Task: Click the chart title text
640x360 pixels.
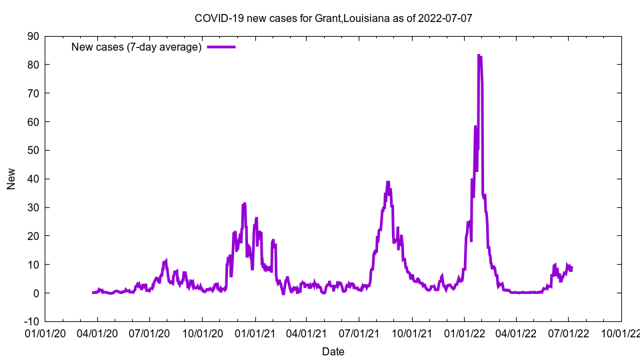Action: (x=333, y=18)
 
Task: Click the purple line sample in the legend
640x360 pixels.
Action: (x=221, y=47)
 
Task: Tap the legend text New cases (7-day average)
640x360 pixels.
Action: (x=136, y=47)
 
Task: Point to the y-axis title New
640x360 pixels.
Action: (x=11, y=179)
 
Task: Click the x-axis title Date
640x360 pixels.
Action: (x=333, y=351)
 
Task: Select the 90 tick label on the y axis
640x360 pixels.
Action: (x=33, y=36)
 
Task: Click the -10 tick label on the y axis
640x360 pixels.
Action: (x=31, y=321)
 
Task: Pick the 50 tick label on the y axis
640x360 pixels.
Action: (x=33, y=150)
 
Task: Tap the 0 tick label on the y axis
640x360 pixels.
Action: (x=35, y=293)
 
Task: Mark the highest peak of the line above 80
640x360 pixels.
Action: (x=479, y=55)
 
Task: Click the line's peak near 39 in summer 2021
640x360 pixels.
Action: (x=388, y=181)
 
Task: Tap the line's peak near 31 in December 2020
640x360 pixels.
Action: (x=244, y=203)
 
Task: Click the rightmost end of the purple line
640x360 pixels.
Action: (x=571, y=268)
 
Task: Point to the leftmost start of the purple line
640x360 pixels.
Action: (x=93, y=293)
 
